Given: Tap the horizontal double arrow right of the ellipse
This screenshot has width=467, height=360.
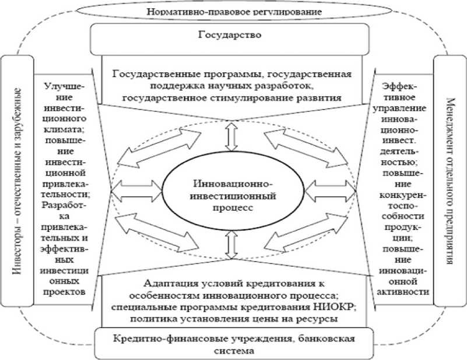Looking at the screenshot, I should pos(329,189).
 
